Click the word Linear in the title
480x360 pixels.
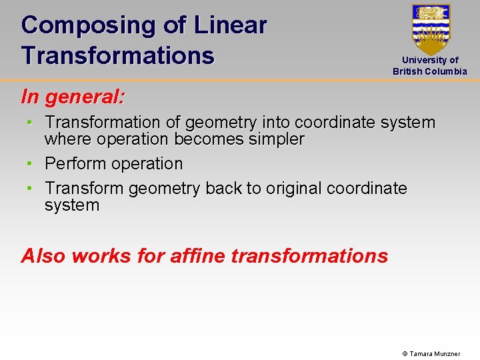point(230,25)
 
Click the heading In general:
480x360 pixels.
point(73,97)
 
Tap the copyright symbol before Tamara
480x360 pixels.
point(405,353)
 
